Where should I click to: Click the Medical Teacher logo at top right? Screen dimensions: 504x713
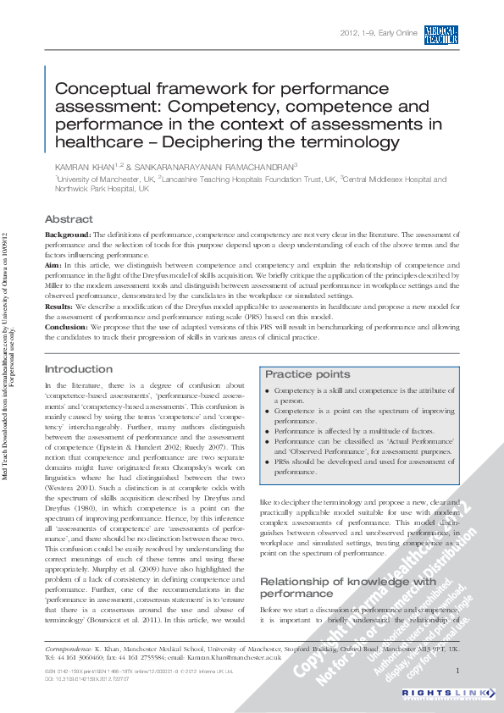tap(441, 34)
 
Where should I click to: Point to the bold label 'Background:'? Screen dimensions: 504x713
tap(67, 234)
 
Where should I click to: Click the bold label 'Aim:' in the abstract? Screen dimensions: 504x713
tap(53, 265)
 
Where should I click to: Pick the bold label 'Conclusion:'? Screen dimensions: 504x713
tap(66, 326)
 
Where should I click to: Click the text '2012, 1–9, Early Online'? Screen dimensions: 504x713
tap(379, 34)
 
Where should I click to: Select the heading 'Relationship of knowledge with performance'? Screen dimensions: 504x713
tap(347, 588)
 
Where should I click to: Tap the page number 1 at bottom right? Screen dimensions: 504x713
tap(457, 671)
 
